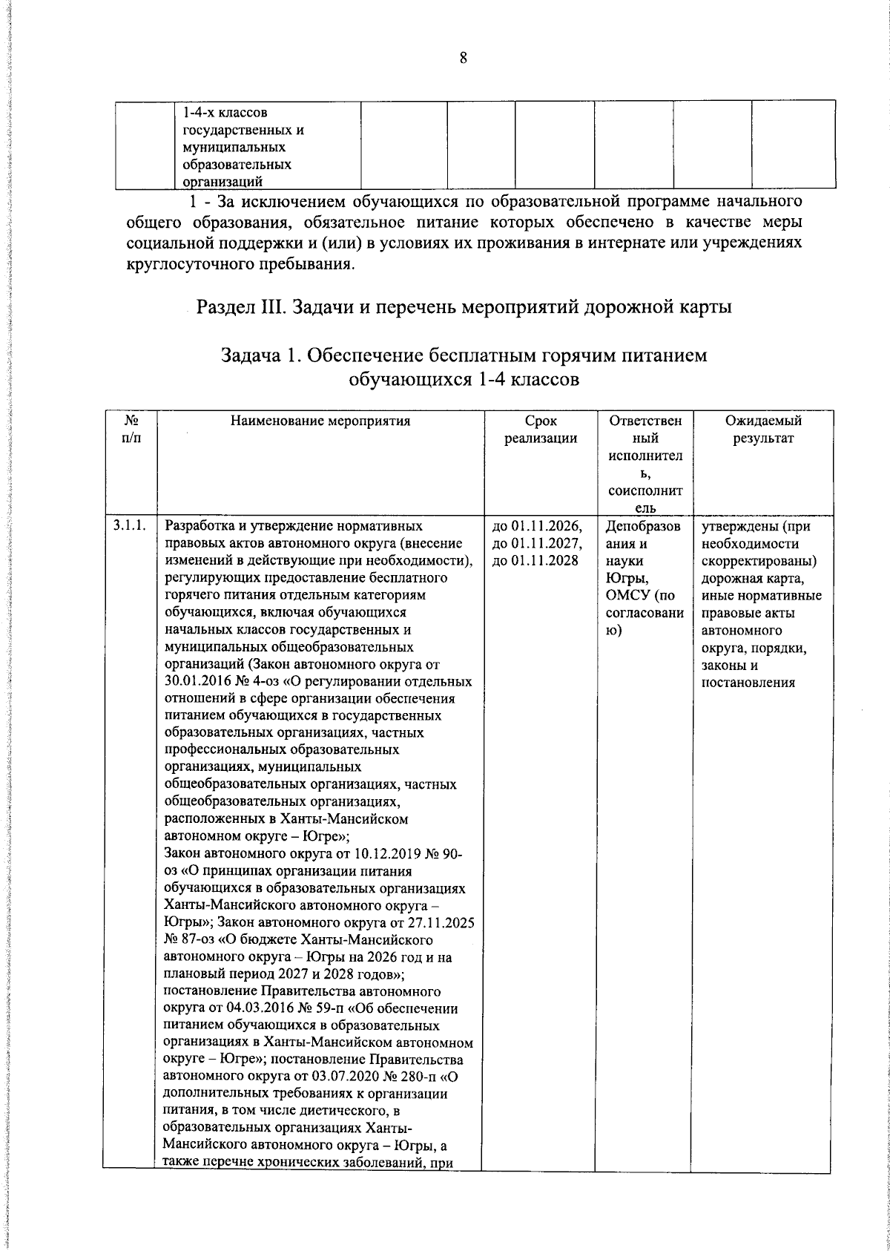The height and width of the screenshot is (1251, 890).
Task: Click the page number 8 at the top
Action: [x=463, y=59]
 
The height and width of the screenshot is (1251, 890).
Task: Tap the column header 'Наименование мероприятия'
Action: [x=320, y=421]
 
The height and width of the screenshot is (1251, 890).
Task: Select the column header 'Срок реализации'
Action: [x=541, y=430]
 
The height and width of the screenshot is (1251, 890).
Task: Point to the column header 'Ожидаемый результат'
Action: [x=763, y=430]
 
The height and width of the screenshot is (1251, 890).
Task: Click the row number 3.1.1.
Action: [x=130, y=526]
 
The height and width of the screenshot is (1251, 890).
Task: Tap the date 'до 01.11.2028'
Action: [x=535, y=561]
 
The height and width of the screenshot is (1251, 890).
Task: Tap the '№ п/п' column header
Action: [x=130, y=430]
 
